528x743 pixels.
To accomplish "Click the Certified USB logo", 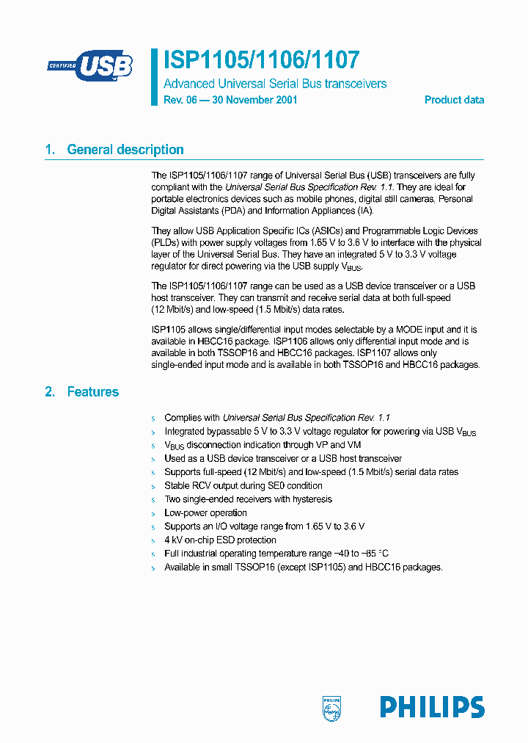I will coord(90,65).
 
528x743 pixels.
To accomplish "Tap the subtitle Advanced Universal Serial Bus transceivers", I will coord(274,84).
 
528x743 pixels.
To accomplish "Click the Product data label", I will coord(454,100).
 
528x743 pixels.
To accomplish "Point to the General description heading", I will coord(125,150).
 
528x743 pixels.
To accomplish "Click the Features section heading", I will coord(92,392).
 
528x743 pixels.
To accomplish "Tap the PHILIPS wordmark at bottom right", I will coord(432,707).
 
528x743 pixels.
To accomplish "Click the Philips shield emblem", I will coord(332,707).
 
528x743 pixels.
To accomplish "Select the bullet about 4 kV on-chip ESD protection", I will coord(220,540).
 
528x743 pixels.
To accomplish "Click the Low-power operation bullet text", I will coord(205,513).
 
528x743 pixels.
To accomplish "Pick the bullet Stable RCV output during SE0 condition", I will coord(243,486).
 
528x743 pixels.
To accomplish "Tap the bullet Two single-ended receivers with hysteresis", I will coord(248,499).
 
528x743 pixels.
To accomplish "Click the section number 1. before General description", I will coord(50,150).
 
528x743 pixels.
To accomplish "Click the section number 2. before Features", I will coord(50,392).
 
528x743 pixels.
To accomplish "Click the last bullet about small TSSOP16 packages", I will coord(303,568).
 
